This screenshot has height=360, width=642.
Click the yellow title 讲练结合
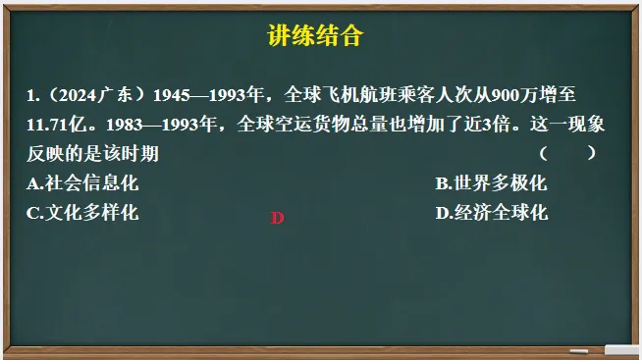pyautogui.click(x=315, y=37)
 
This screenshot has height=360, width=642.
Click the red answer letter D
pyautogui.click(x=277, y=218)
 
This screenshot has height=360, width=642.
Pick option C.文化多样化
pyautogui.click(x=83, y=212)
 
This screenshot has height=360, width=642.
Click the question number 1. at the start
pyautogui.click(x=34, y=96)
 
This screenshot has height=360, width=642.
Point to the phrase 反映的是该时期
pyautogui.click(x=94, y=154)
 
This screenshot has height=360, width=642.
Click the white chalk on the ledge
pyautogui.click(x=622, y=349)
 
